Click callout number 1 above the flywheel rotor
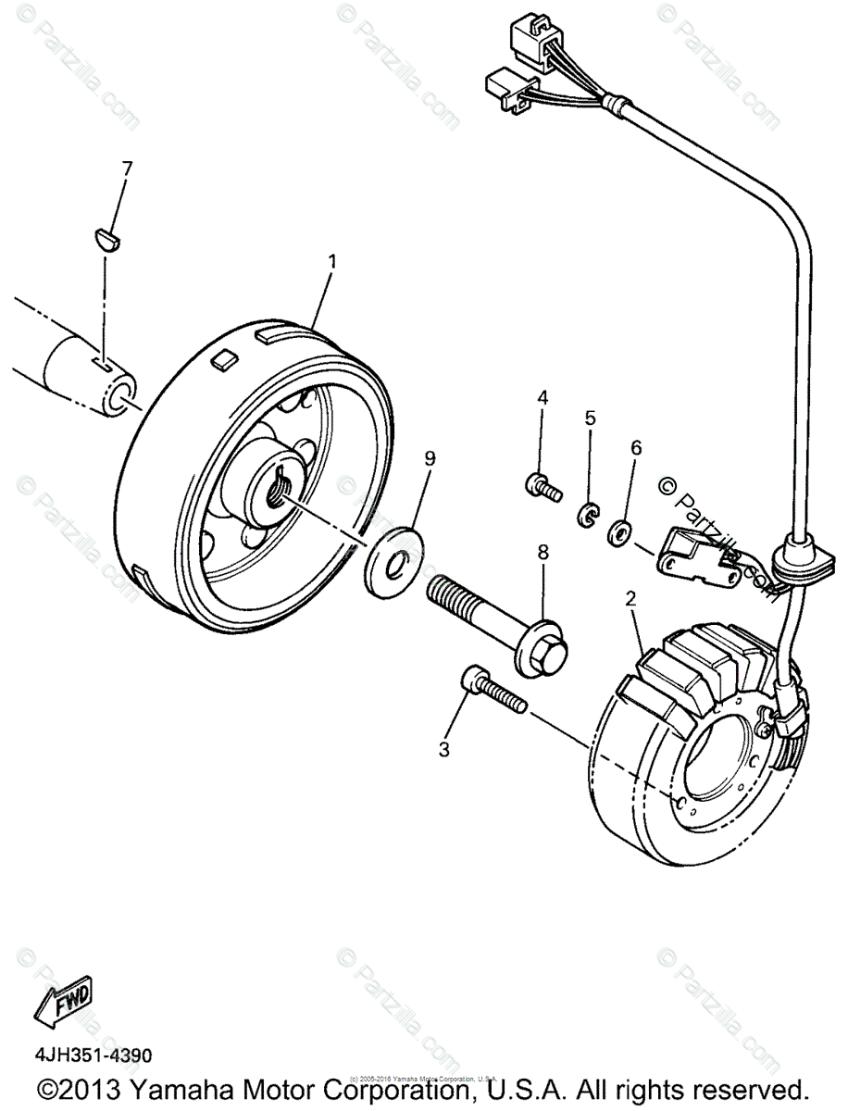click(x=331, y=262)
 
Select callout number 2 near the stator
click(x=631, y=599)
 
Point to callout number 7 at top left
click(x=128, y=169)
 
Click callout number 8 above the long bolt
click(x=542, y=553)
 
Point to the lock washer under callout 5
click(x=588, y=515)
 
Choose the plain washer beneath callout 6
click(x=619, y=533)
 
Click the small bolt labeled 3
click(x=491, y=690)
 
